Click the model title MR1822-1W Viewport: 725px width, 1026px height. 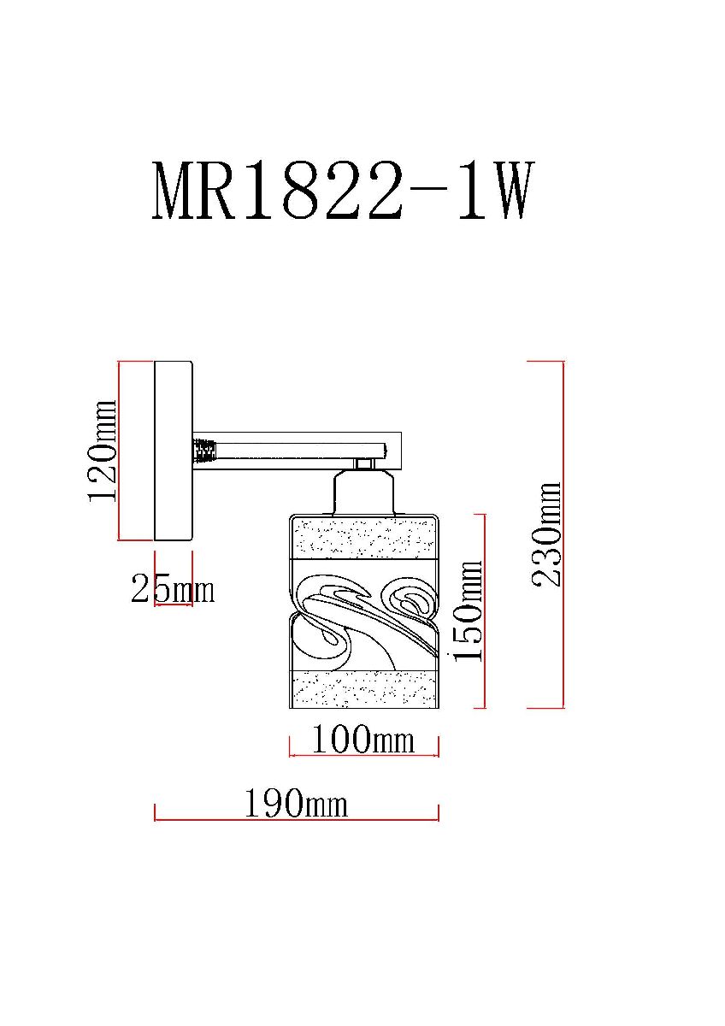point(343,192)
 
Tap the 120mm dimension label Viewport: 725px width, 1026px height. point(103,451)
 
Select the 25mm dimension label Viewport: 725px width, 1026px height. point(172,589)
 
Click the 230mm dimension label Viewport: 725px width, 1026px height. point(546,534)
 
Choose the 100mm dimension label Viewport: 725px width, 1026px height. point(362,739)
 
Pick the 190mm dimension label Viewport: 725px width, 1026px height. point(296,804)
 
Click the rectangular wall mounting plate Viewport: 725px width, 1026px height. point(173,451)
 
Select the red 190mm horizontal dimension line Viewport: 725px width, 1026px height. point(296,819)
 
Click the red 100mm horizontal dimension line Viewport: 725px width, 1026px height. point(364,756)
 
